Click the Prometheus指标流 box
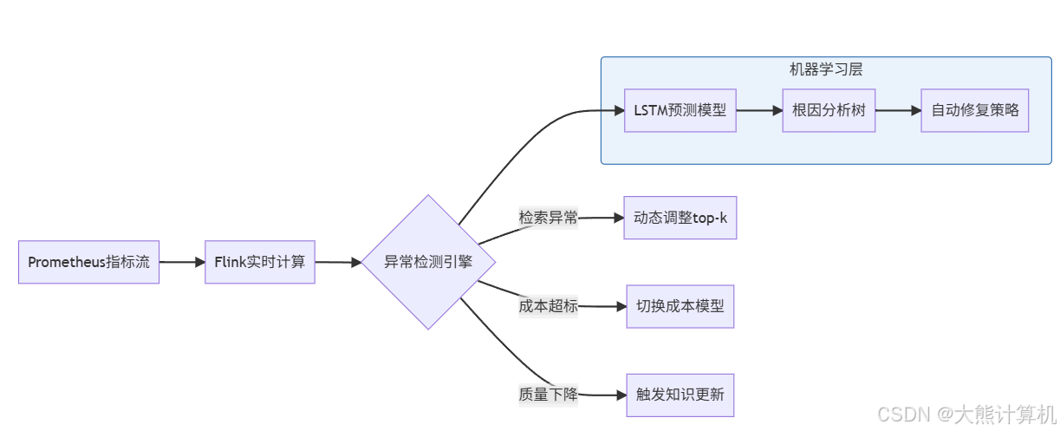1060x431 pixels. [88, 262]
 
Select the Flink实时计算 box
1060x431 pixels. [260, 262]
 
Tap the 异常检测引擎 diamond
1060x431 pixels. [428, 262]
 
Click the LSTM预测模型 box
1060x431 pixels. [680, 111]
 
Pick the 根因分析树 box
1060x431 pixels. [829, 111]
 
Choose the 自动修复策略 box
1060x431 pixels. [974, 111]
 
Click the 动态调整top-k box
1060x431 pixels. [680, 218]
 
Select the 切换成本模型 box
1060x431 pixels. [680, 306]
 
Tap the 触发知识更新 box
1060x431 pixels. [680, 395]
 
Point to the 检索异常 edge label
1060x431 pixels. [548, 218]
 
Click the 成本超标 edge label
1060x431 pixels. [548, 306]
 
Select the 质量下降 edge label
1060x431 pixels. [548, 395]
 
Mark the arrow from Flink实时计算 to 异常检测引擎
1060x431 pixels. [338, 262]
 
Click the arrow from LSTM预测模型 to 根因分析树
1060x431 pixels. [759, 111]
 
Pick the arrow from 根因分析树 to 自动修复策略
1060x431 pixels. [898, 111]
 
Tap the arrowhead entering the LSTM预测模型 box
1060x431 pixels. [618, 111]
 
